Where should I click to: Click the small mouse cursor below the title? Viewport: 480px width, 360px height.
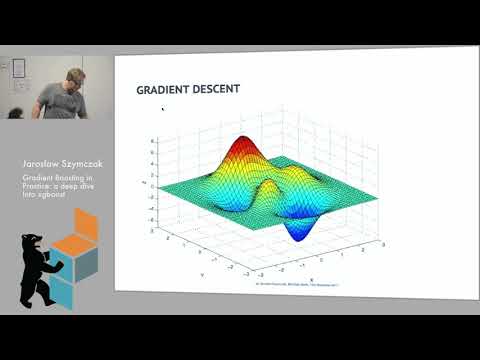(162, 108)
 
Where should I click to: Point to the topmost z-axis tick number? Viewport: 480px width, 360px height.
(153, 141)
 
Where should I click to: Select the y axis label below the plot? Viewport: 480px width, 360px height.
(201, 272)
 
